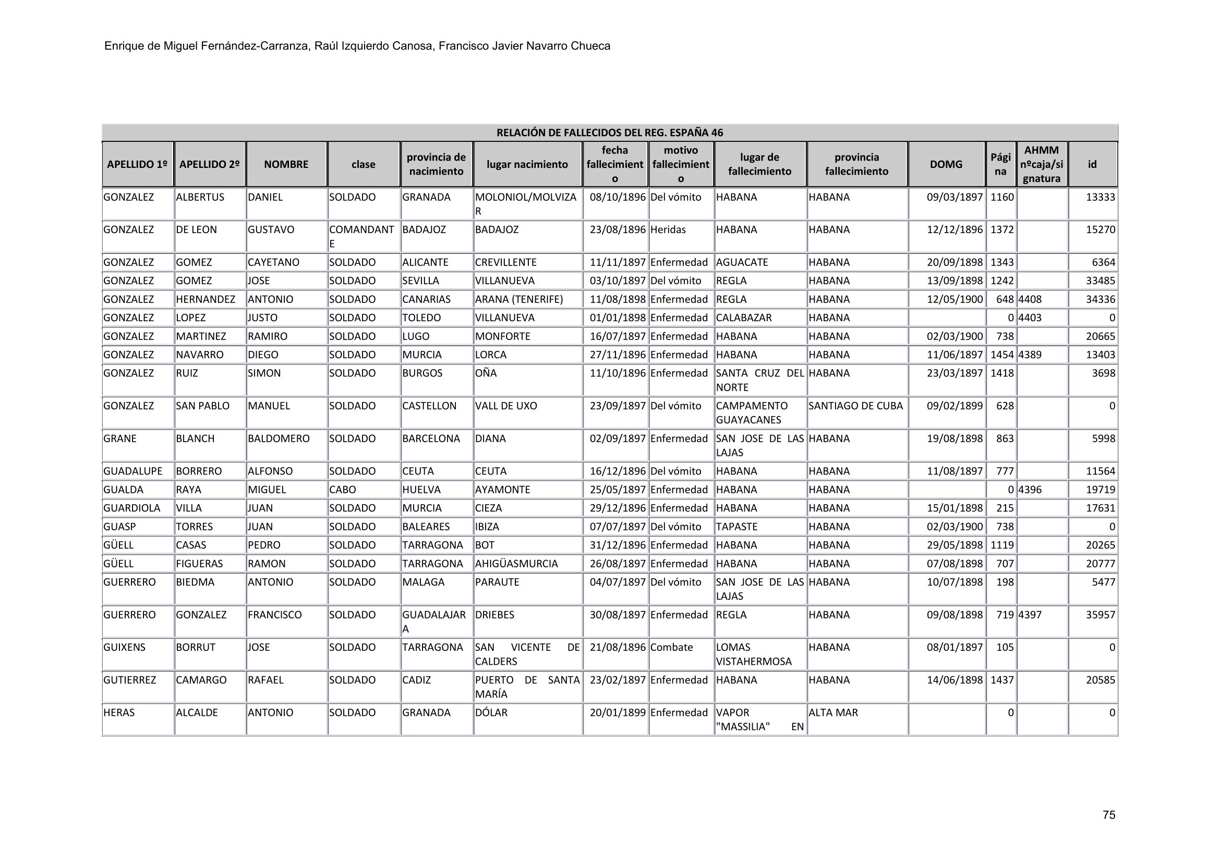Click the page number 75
pyautogui.click(x=1108, y=815)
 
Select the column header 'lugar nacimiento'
pyautogui.click(x=527, y=165)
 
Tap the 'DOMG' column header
pyautogui.click(x=946, y=165)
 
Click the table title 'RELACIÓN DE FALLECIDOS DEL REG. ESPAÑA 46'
pyautogui.click(x=609, y=133)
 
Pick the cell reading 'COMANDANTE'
pyautogui.click(x=361, y=236)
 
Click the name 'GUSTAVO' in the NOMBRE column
pyautogui.click(x=271, y=230)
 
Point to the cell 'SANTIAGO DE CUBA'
pyautogui.click(x=855, y=406)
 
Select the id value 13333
pyautogui.click(x=1100, y=198)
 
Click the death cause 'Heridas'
pyautogui.click(x=668, y=230)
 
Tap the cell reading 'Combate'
pyautogui.click(x=672, y=648)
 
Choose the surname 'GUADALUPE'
pyautogui.click(x=133, y=471)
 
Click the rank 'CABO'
pyautogui.click(x=343, y=490)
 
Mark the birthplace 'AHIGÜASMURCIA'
pyautogui.click(x=516, y=564)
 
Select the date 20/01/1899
pyautogui.click(x=618, y=713)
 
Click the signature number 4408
pyautogui.click(x=1030, y=299)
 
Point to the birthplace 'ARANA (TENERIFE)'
pyautogui.click(x=519, y=299)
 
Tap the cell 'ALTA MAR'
pyautogui.click(x=833, y=713)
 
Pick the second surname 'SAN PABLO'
pyautogui.click(x=202, y=406)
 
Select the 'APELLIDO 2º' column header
pyautogui.click(x=209, y=165)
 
